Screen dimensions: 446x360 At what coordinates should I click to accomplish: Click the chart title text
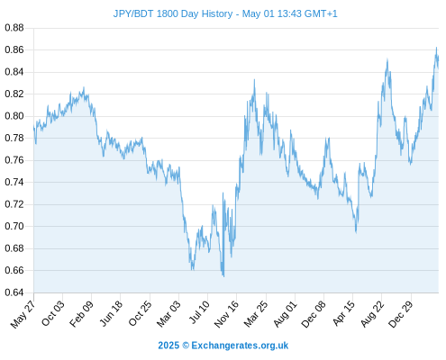coord(225,13)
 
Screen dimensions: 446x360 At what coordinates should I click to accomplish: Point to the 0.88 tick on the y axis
coord(14,28)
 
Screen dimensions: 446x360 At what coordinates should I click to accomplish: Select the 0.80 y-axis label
coord(14,116)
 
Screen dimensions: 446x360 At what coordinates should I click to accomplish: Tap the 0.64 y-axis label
coord(14,292)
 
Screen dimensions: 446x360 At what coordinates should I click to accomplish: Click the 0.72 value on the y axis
coord(14,204)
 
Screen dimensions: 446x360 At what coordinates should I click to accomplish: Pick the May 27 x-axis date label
coord(23,314)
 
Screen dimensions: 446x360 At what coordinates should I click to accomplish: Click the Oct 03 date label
coord(53,313)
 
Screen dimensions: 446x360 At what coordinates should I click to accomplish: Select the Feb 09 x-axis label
coord(81,314)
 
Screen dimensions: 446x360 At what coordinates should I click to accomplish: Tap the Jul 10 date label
coord(199,312)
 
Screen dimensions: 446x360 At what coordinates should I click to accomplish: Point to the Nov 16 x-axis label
coord(226,313)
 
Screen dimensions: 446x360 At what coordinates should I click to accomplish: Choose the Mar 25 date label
coord(256,313)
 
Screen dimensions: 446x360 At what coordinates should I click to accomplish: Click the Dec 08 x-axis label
coord(314,314)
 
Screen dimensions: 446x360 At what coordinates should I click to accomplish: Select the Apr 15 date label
coord(344,313)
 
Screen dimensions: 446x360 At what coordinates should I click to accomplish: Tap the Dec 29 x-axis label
coord(401,314)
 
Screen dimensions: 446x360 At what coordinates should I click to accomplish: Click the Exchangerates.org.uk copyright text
coord(223,346)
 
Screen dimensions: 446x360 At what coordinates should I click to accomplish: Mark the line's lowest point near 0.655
coord(223,276)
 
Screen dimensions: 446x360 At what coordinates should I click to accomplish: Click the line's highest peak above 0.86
coord(436,48)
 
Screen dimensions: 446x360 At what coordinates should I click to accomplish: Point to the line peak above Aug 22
coord(387,59)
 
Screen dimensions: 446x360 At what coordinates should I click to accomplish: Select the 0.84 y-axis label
coord(14,72)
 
